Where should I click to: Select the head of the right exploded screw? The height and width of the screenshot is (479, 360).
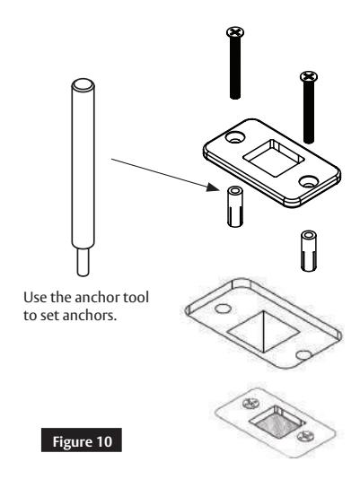(307, 80)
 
